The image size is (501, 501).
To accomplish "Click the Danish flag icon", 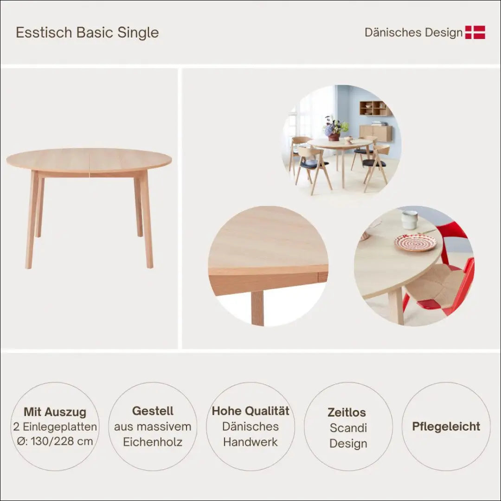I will (x=475, y=32).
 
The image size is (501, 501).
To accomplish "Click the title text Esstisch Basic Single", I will (x=87, y=32).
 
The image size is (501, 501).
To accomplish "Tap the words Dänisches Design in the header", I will (x=413, y=32).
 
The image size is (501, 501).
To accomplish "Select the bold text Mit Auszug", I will (x=55, y=412).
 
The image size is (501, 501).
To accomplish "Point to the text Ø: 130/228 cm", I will (x=55, y=441).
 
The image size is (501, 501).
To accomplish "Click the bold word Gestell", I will (x=153, y=411).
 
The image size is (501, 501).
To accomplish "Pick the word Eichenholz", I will (x=153, y=442).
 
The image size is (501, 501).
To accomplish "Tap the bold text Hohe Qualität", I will (x=250, y=411).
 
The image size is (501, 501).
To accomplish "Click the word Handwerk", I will (x=250, y=442).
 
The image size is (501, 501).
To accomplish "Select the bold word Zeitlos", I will (x=347, y=412).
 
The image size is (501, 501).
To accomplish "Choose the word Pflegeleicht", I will (x=446, y=427).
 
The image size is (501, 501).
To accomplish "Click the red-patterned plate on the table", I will (x=415, y=242).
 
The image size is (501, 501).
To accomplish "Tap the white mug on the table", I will (x=410, y=219).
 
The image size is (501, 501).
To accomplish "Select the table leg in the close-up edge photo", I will (x=257, y=308).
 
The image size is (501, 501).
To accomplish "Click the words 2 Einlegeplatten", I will (x=55, y=427).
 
